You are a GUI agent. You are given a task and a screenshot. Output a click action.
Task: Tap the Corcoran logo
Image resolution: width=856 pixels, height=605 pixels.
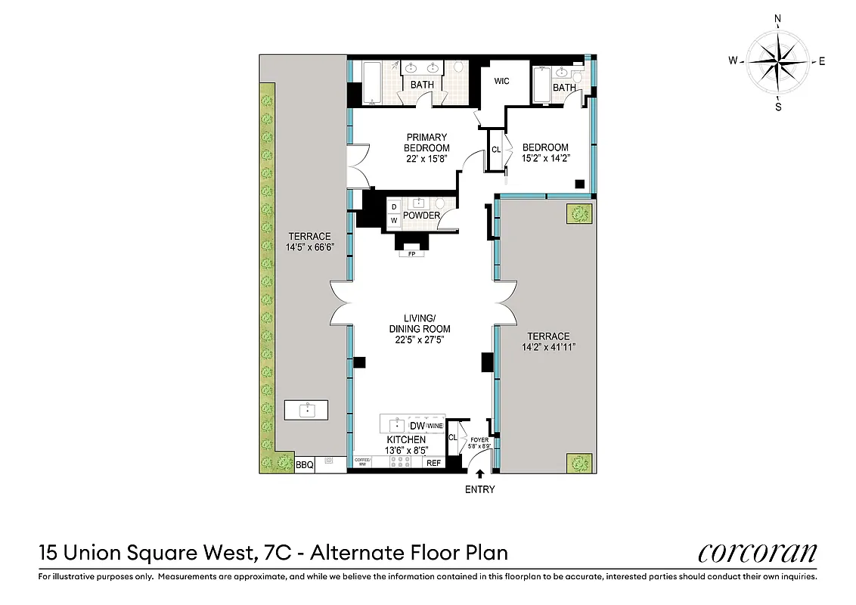point(757,553)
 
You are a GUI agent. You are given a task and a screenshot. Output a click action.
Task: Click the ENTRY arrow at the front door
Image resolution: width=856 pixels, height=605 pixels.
point(480,474)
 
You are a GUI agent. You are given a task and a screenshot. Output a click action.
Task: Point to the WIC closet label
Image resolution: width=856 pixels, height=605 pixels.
point(501,81)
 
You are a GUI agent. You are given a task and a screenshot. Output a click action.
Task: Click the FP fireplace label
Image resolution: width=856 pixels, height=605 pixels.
point(412,254)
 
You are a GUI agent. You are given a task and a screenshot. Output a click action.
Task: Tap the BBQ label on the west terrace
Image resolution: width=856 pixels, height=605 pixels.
point(304,465)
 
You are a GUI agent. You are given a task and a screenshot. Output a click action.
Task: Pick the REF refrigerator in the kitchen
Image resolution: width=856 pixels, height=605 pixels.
point(433,464)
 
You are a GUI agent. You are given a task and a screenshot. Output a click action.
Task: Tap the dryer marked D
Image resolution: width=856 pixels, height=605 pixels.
point(393,206)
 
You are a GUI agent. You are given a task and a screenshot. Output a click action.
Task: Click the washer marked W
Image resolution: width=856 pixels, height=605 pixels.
point(393,220)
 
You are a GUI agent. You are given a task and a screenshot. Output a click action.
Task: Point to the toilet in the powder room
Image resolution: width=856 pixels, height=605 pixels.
point(441,203)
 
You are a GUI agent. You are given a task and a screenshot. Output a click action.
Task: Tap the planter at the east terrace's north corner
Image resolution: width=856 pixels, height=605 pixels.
point(580,214)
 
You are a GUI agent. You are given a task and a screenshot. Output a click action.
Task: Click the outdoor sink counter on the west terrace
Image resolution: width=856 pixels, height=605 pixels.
point(306,411)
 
